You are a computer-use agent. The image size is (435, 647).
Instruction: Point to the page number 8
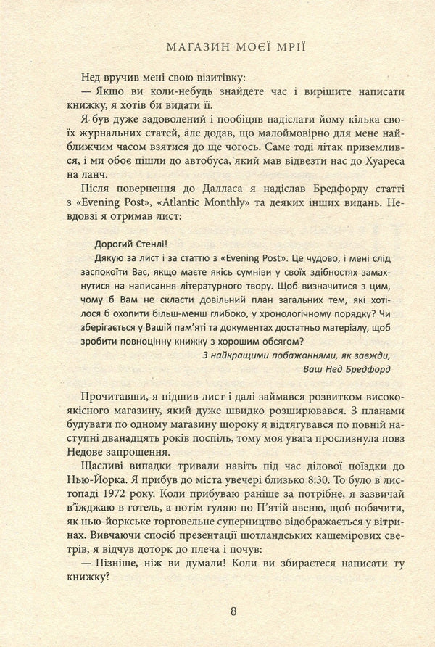point(233,611)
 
